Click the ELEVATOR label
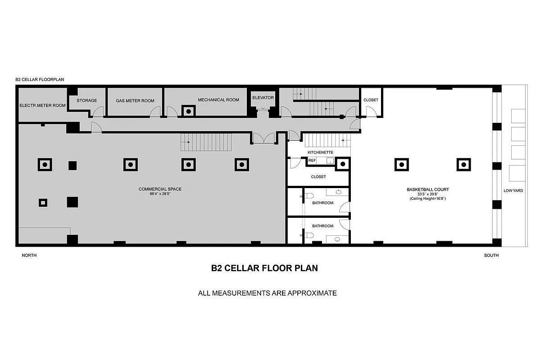263,98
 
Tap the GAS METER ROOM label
135,101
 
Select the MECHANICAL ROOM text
218,100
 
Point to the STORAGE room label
86,100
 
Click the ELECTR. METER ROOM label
42,106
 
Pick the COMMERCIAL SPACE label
160,189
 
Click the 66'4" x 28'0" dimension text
160,194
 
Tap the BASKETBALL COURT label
427,189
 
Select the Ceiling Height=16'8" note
427,198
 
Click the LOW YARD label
513,191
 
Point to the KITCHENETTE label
320,153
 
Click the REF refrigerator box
312,160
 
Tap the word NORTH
29,255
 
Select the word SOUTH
491,255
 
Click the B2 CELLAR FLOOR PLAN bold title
264,268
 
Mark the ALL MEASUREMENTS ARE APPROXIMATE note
267,293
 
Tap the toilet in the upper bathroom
309,196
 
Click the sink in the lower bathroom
338,240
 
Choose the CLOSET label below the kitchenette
318,177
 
